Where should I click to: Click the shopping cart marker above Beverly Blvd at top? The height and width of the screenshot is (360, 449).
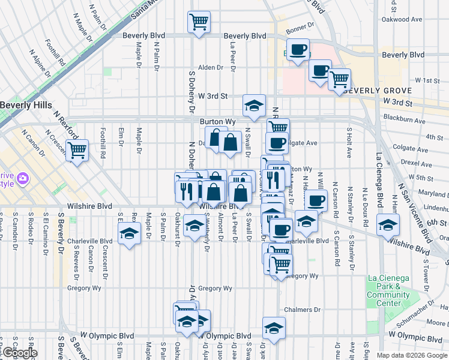[x=199, y=22]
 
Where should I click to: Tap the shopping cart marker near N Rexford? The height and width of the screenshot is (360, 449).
[x=77, y=150]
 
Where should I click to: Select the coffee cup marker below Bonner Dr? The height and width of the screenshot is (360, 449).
[x=298, y=50]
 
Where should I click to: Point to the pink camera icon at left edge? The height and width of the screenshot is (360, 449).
[x=23, y=179]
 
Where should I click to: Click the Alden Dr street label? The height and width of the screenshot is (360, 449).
[x=211, y=67]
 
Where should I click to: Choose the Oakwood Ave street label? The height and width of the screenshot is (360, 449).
[x=402, y=19]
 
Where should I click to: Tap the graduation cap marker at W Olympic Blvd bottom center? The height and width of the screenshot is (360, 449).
[x=274, y=329]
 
